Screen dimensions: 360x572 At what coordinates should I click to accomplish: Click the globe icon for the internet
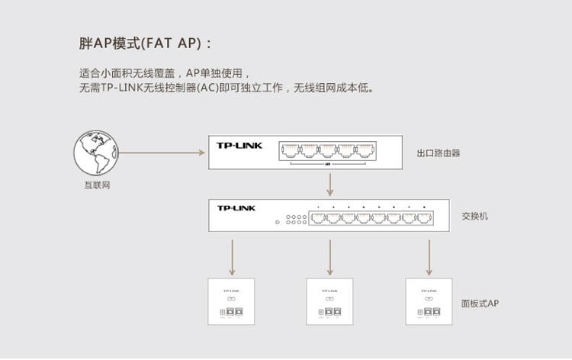click(95, 153)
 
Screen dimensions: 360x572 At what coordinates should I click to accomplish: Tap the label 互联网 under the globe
click(97, 185)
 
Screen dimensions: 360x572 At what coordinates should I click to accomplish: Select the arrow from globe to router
click(162, 153)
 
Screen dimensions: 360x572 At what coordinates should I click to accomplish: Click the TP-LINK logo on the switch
click(236, 207)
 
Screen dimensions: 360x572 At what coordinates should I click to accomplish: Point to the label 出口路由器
click(439, 153)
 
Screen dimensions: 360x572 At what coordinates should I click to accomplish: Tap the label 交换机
click(474, 216)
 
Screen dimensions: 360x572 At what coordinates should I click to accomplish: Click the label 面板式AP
click(480, 304)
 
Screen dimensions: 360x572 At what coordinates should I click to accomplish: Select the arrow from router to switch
click(329, 184)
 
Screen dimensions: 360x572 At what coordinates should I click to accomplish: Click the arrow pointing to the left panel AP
click(231, 258)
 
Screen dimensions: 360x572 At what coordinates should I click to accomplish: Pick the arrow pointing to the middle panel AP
click(329, 258)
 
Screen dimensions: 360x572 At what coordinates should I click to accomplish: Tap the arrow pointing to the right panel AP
click(428, 258)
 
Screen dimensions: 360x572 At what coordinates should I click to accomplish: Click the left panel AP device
click(231, 302)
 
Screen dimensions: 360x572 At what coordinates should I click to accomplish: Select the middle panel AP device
click(329, 302)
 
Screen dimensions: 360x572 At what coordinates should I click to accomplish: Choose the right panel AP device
click(428, 302)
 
